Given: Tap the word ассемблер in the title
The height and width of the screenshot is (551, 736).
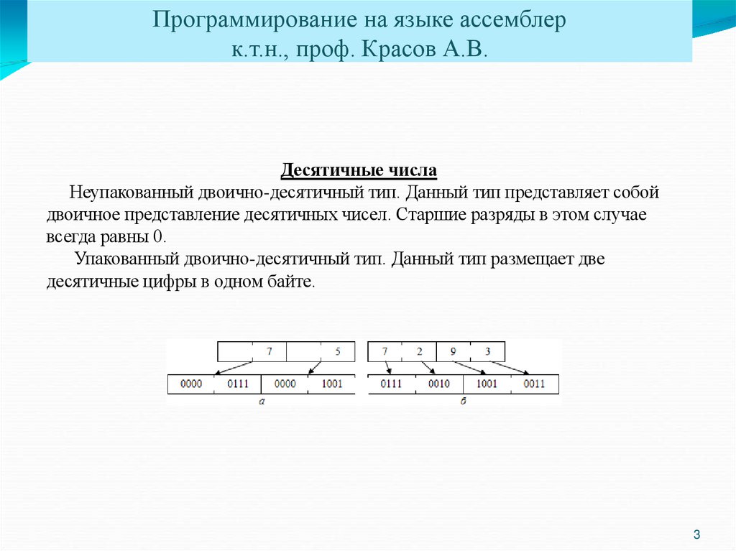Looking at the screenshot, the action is [x=512, y=20].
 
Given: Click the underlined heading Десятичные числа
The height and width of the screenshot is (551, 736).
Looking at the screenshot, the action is [x=359, y=172].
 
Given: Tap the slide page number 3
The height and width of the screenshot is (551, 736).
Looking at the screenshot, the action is [x=696, y=534].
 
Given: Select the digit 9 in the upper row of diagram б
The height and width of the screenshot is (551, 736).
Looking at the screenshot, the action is [x=453, y=352].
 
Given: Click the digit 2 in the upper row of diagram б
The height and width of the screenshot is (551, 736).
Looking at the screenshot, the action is [x=419, y=352].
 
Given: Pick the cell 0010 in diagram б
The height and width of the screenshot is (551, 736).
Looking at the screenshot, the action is [x=438, y=384].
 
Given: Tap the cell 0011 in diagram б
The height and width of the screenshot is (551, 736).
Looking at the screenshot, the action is [x=534, y=384].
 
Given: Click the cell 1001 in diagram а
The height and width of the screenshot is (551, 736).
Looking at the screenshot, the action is [x=331, y=384].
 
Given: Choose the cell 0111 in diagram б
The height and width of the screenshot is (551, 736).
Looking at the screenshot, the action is [x=391, y=384].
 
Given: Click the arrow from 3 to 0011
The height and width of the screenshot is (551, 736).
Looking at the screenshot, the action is [x=510, y=366].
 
